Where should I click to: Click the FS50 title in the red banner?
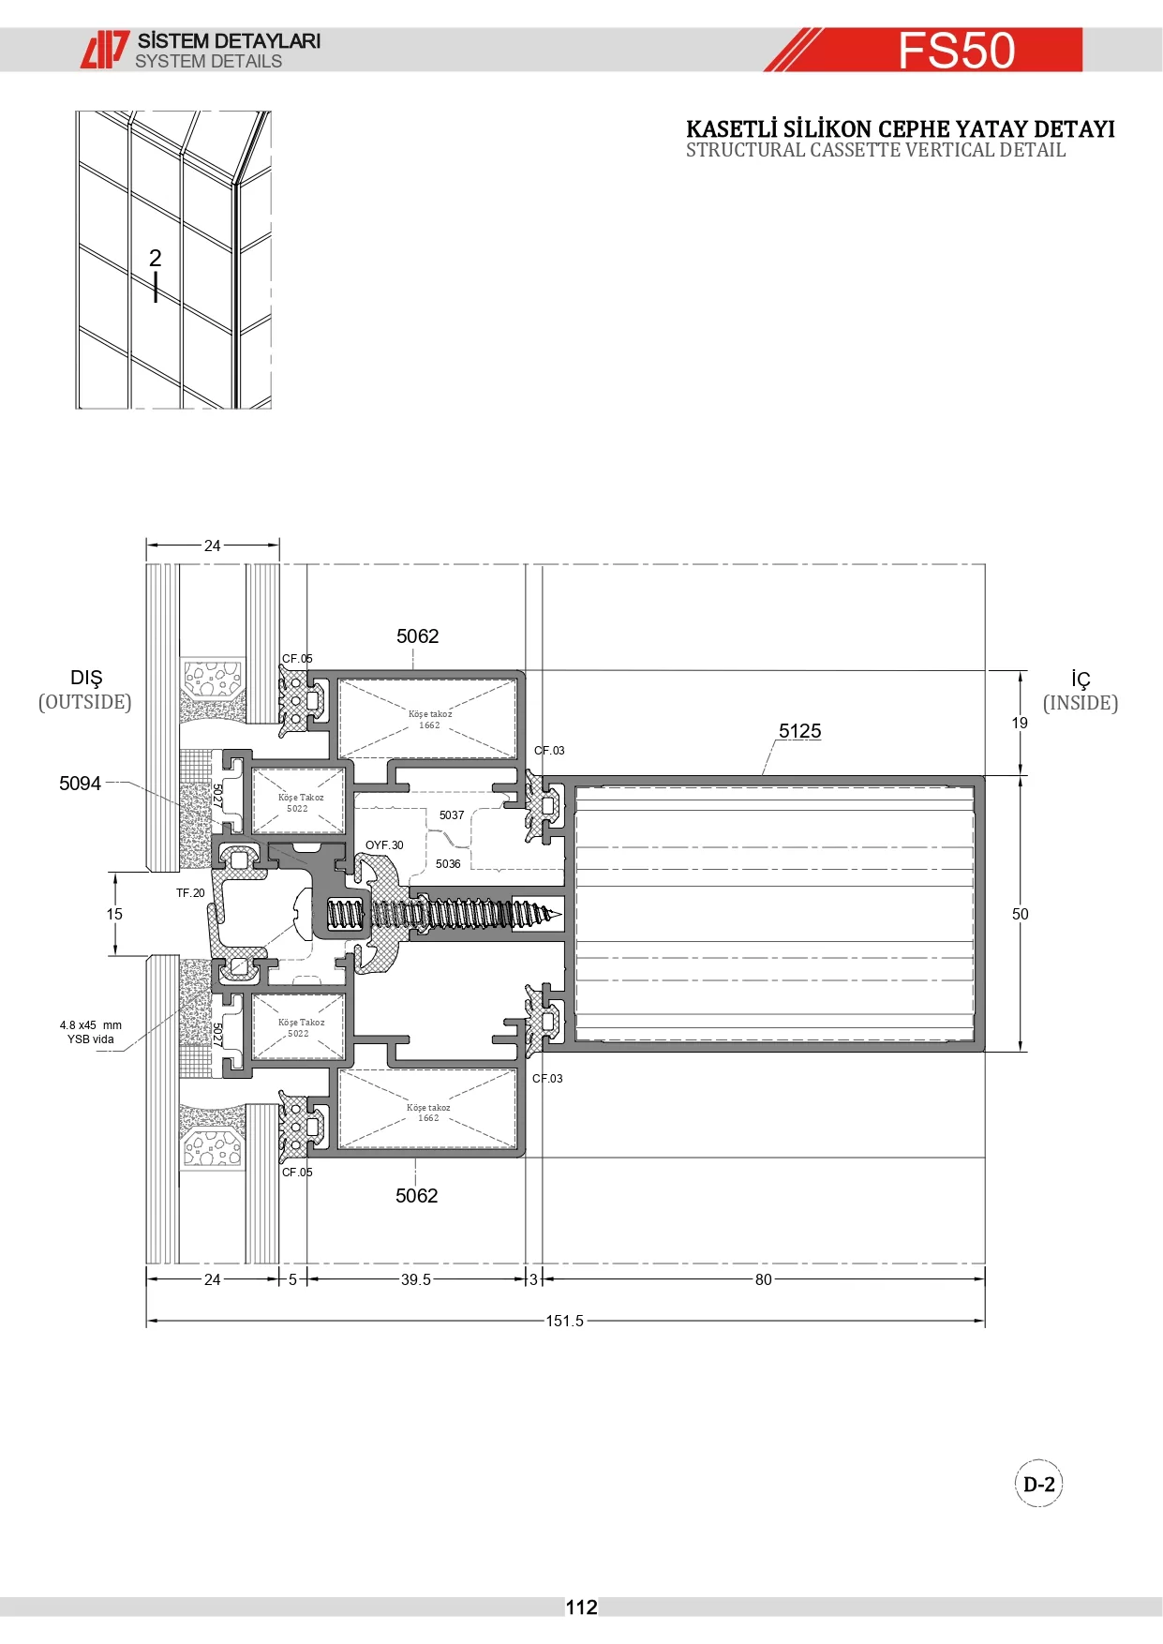tap(957, 51)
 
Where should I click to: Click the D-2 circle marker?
tap(1039, 1484)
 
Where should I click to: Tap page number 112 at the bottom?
tap(581, 1607)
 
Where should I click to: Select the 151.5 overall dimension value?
tap(564, 1321)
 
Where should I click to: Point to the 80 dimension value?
tap(764, 1279)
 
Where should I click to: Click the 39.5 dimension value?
tap(416, 1279)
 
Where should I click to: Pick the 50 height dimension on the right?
tap(1021, 914)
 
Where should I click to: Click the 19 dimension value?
tap(1020, 723)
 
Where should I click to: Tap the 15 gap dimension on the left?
tap(114, 914)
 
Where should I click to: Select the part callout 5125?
tap(799, 731)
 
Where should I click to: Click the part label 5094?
tap(80, 784)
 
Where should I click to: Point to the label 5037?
tap(452, 815)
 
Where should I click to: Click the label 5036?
tap(448, 864)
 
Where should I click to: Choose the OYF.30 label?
tap(384, 845)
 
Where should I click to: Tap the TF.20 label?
tap(190, 893)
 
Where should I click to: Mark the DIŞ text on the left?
tap(86, 679)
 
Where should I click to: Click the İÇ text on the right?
tap(1081, 680)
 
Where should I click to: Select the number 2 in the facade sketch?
tap(156, 258)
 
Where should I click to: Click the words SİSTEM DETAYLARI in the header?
tap(229, 41)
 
